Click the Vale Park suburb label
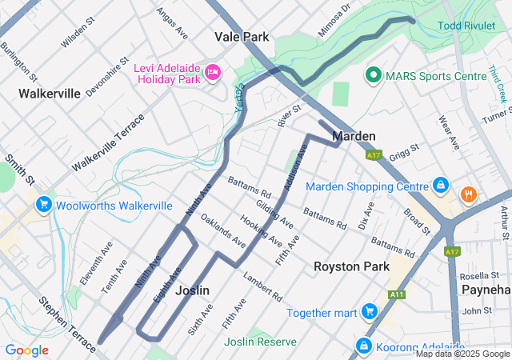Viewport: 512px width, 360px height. [x=242, y=37]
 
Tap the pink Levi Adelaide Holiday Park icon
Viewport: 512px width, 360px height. [x=213, y=73]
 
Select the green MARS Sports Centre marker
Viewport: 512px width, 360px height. [x=373, y=76]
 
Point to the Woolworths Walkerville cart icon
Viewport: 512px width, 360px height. [x=43, y=206]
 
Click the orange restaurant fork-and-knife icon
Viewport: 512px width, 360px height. [x=468, y=194]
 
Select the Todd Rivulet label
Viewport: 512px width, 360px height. [x=466, y=26]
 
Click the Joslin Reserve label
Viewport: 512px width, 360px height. [x=260, y=342]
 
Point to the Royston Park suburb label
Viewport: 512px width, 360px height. [x=351, y=266]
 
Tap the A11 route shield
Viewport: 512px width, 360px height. [x=396, y=294]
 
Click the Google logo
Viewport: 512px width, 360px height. [x=26, y=350]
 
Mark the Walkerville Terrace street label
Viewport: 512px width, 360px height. [x=107, y=142]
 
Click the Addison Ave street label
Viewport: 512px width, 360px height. [x=294, y=168]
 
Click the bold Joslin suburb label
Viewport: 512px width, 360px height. [x=193, y=290]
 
